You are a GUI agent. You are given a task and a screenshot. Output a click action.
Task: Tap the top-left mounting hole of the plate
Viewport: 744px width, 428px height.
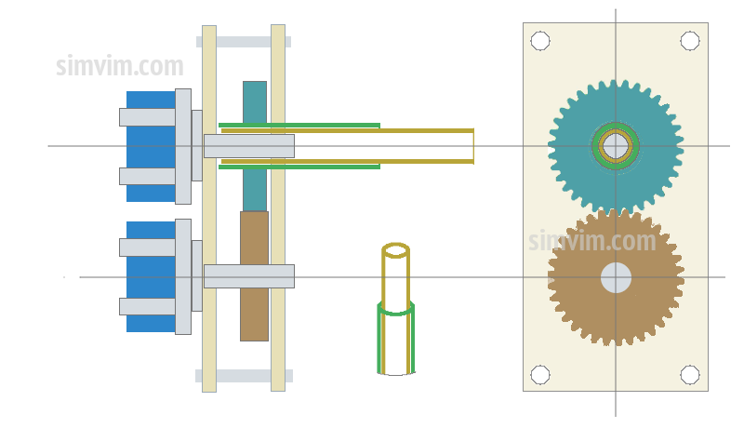click(540, 41)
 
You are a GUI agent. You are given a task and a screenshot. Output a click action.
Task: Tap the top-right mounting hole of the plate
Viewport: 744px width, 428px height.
click(689, 41)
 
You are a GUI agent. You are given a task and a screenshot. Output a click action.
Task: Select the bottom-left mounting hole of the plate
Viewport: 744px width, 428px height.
click(540, 374)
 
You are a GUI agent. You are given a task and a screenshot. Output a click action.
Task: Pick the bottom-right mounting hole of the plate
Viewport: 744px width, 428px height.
click(689, 374)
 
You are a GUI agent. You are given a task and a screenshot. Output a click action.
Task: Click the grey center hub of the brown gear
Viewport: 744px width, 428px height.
click(616, 277)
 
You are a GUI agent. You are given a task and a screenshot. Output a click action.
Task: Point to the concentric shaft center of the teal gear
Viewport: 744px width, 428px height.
click(615, 146)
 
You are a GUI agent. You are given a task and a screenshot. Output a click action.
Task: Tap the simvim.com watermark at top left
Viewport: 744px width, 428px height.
click(119, 67)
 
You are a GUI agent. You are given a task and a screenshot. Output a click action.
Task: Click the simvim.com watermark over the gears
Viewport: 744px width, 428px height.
click(592, 241)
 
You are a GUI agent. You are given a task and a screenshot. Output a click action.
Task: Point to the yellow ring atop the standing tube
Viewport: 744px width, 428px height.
click(395, 249)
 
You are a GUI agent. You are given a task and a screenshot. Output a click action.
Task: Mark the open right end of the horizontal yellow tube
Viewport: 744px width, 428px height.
click(472, 146)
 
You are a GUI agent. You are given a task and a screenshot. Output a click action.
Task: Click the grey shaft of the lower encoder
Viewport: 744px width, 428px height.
click(248, 276)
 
